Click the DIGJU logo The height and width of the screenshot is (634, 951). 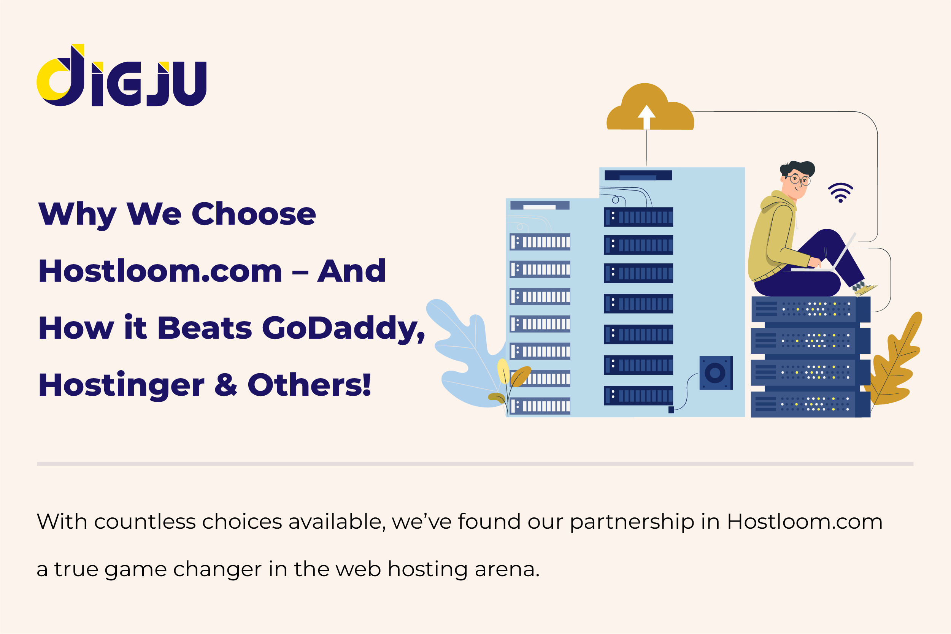pos(121,75)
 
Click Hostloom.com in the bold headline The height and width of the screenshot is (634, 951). pos(160,271)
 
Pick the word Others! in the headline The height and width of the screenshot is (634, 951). pos(310,385)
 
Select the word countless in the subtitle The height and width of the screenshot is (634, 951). pos(145,521)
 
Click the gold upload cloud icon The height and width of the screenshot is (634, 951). pos(650,107)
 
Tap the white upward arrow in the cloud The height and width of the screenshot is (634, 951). pos(646,117)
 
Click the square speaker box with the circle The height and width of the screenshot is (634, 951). pos(716,373)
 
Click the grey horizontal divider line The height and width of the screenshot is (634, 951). pos(475,464)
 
